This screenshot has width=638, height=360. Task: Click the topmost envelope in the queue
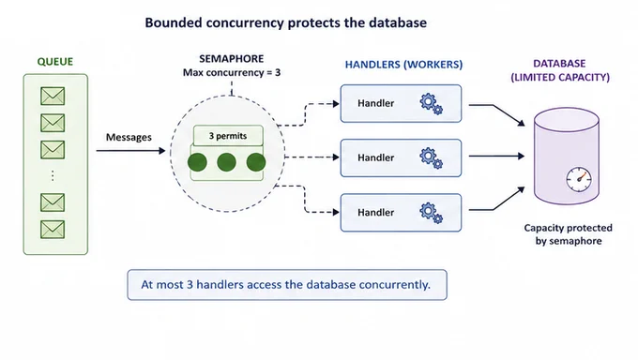pos(53,96)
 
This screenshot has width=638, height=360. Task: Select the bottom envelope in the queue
pos(53,230)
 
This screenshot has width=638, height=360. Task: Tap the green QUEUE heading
pos(55,62)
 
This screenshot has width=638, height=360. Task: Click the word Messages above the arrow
pos(129,137)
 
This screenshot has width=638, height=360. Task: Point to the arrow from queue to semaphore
pos(130,151)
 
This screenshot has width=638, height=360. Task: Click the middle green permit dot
pos(227,162)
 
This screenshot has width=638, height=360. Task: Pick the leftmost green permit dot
pos(197,162)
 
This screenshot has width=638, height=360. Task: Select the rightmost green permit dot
pos(256,162)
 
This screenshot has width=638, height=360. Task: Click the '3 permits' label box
pos(228,135)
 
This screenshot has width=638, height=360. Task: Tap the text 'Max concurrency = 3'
pos(232,73)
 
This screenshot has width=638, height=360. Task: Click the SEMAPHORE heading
pos(232,58)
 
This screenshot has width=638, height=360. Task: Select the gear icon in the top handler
pos(432,104)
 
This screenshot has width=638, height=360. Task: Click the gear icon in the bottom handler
pos(432,213)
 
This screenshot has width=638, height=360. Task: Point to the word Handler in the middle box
pos(376,157)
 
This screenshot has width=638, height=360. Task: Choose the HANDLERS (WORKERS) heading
pos(403,65)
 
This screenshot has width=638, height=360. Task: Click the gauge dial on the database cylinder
pos(579,179)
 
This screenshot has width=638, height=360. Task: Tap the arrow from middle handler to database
pos(497,156)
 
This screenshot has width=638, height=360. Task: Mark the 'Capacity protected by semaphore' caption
pos(568,234)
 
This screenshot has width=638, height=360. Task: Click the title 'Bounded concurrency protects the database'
pos(285,22)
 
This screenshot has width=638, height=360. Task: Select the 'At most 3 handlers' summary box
pos(287,285)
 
